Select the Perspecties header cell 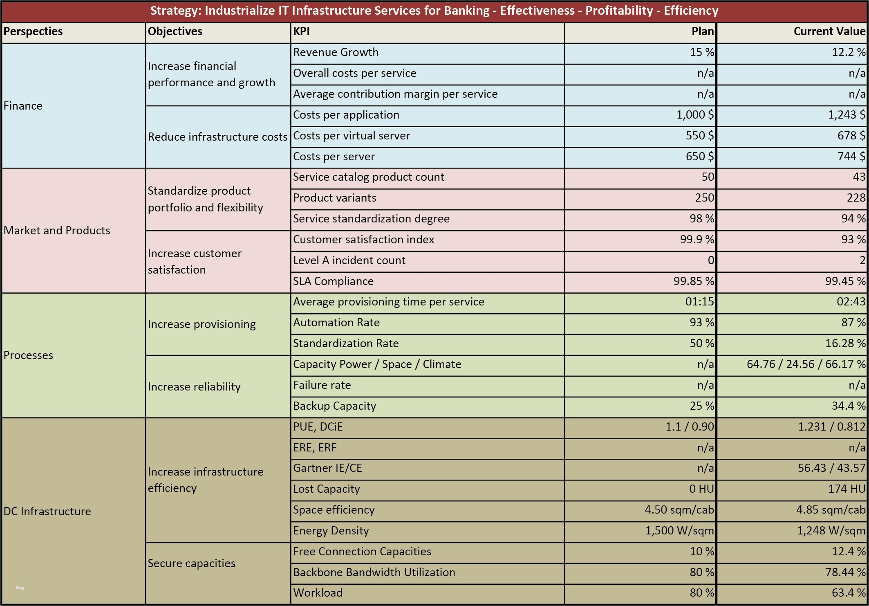[33, 31]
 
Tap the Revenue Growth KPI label [336, 52]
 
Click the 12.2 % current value [849, 52]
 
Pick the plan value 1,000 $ [695, 115]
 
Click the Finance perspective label [23, 106]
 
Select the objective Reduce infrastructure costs [217, 137]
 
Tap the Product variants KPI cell [335, 198]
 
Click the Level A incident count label [349, 260]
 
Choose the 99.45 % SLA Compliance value [845, 281]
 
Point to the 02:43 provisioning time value [851, 302]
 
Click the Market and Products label [57, 231]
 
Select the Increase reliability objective [194, 387]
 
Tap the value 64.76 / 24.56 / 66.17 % [806, 364]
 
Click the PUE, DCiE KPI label [318, 427]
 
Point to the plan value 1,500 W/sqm [679, 531]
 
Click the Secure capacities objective [191, 563]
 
